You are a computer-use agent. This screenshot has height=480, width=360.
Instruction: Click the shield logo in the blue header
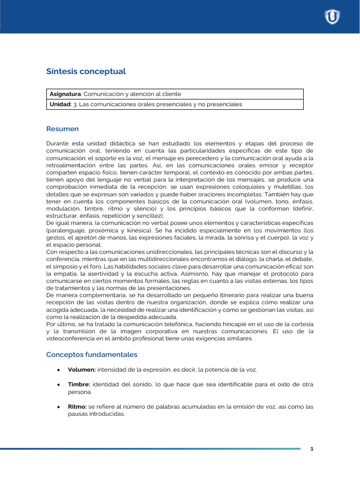332,17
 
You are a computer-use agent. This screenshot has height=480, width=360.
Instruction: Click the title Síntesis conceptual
86,71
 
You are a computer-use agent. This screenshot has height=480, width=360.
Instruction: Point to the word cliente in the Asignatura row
171,94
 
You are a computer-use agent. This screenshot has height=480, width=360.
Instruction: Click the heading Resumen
62,128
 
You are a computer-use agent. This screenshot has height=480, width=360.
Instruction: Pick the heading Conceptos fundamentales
91,354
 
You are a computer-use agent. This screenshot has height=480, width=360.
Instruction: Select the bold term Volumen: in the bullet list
82,369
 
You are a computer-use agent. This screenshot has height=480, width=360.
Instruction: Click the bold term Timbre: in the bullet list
79,384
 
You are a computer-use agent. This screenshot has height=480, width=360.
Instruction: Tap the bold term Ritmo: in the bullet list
78,406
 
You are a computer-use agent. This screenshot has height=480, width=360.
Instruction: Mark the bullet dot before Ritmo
58,407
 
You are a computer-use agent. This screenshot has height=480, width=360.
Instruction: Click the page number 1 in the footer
312,449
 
